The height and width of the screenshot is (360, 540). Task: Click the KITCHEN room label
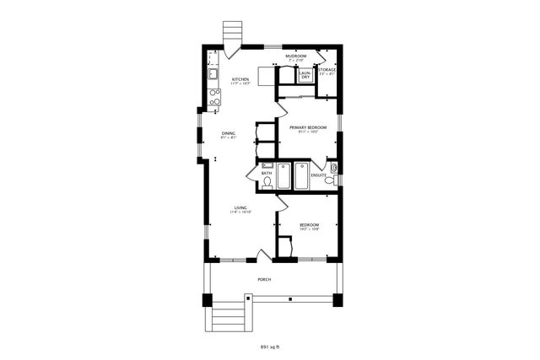[240, 79]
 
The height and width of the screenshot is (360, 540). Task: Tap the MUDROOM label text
[295, 56]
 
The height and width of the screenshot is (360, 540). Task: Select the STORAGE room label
[327, 70]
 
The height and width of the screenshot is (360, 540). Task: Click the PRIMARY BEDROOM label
[308, 127]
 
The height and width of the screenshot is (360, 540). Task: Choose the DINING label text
[229, 132]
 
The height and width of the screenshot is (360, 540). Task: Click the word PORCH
[264, 278]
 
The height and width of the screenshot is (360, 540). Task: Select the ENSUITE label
[318, 175]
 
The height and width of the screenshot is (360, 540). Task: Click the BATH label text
[266, 173]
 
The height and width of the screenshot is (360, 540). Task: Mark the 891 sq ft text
[270, 346]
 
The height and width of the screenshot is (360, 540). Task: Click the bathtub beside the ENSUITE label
[301, 176]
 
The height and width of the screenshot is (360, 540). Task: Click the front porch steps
[227, 317]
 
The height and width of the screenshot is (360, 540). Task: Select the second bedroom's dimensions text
[310, 229]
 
